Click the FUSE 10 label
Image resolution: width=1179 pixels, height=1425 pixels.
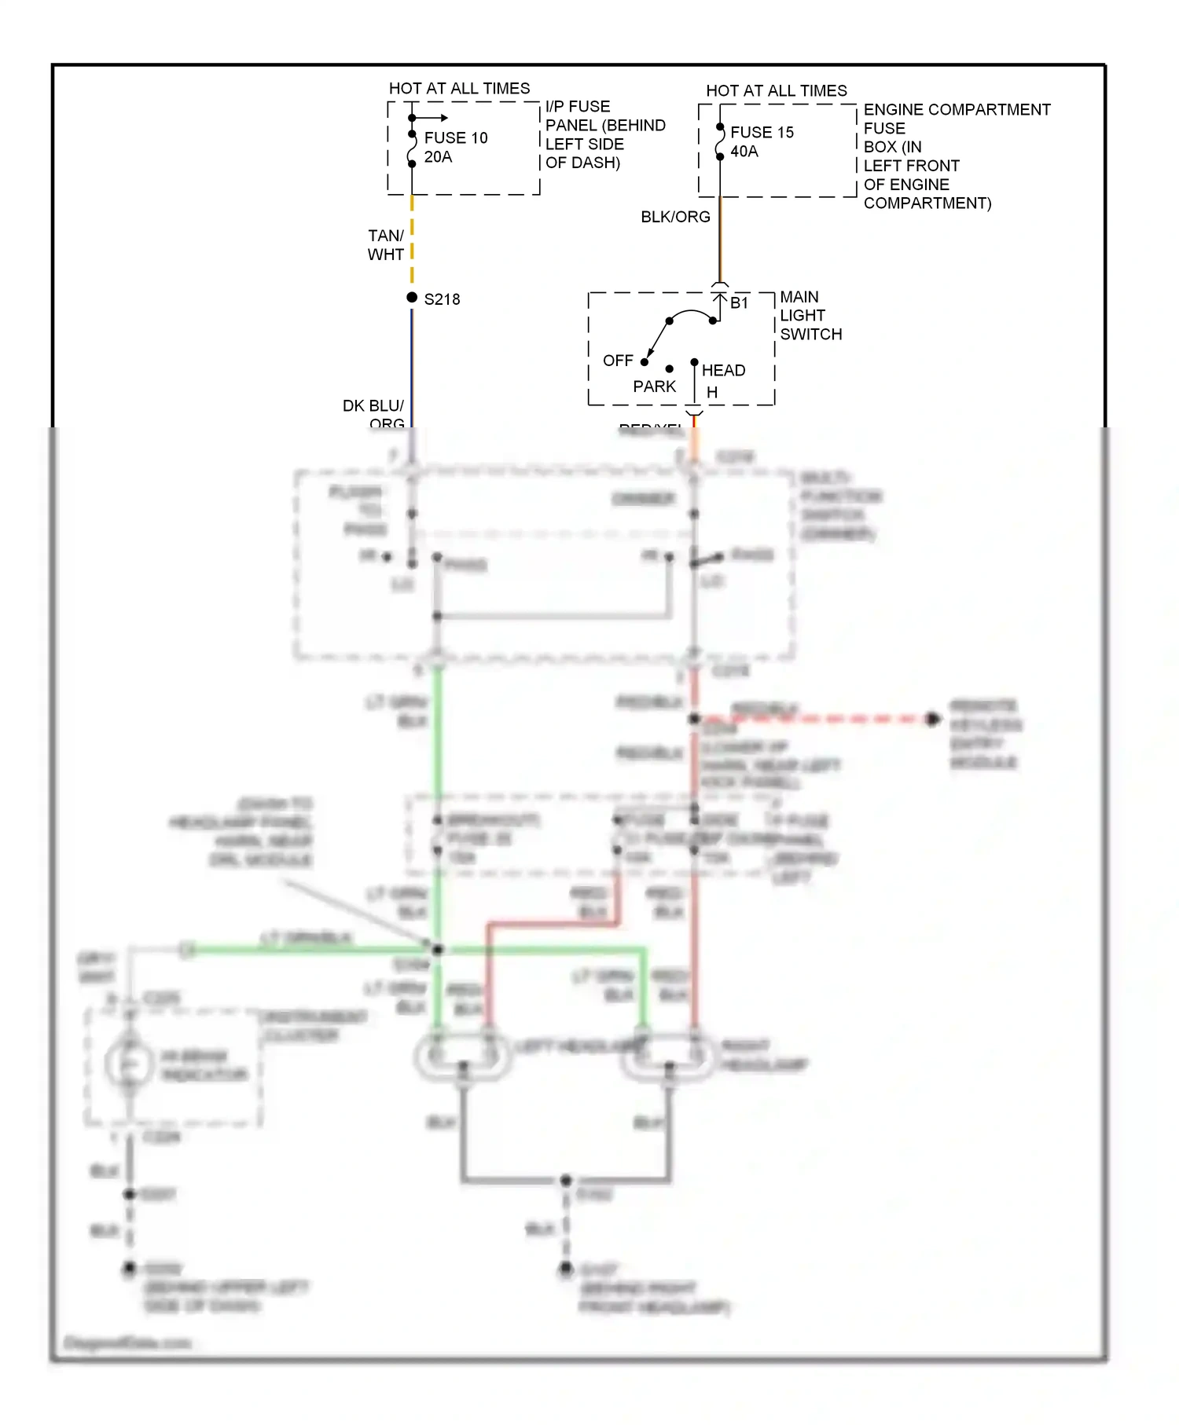coord(456,138)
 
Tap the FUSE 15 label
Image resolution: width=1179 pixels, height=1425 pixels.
coord(762,133)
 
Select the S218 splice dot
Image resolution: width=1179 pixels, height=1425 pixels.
coord(412,298)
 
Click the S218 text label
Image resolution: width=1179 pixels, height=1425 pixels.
coord(442,299)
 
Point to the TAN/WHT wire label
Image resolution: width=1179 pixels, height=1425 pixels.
coord(386,245)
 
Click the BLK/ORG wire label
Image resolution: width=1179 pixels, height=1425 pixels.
coord(675,217)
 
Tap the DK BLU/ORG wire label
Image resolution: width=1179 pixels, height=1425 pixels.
coord(374,414)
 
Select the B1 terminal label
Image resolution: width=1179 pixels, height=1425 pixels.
coord(739,303)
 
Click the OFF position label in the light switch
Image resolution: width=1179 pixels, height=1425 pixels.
coord(618,361)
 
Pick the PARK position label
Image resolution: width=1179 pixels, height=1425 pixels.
coord(654,386)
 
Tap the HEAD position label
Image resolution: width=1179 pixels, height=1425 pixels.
coord(723,370)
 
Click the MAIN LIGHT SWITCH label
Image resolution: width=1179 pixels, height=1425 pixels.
coord(810,316)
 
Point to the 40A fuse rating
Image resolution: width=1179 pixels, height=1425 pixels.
coord(744,152)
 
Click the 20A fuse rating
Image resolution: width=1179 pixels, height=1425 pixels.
coord(438,157)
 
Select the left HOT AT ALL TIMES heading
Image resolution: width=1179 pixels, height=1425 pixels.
coord(459,89)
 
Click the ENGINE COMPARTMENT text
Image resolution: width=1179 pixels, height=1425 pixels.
coord(957,110)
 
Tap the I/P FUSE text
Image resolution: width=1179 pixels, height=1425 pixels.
coord(578,107)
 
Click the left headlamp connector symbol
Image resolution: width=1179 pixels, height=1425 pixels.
coord(463,1057)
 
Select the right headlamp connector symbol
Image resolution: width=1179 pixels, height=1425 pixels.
coord(669,1057)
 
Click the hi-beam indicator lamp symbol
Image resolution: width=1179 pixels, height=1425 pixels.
coord(130,1064)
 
